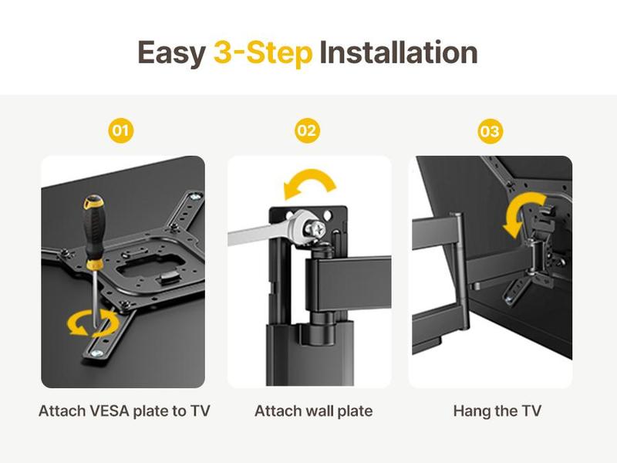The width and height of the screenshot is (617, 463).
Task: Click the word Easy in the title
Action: [x=170, y=52]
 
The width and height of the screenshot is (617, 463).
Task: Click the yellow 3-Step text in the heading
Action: [x=263, y=52]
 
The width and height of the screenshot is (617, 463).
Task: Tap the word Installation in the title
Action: [x=398, y=52]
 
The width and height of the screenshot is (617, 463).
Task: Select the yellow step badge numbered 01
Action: [x=120, y=130]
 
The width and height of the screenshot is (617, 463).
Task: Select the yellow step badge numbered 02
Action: [x=307, y=130]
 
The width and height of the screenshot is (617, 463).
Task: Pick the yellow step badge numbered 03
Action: [x=490, y=131]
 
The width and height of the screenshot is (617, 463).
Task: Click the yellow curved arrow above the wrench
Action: [x=309, y=185]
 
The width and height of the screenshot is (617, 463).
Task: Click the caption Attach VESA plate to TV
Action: [x=123, y=411]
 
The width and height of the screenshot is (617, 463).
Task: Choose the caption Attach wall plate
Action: [x=313, y=411]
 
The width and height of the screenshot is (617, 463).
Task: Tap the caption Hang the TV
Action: [x=497, y=411]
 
